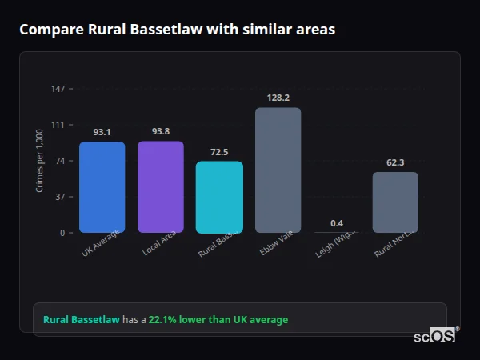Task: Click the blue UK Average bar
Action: pyautogui.click(x=102, y=187)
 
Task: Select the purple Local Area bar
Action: pyautogui.click(x=161, y=186)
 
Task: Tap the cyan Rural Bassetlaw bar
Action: pyautogui.click(x=219, y=197)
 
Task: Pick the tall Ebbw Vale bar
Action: pyautogui.click(x=278, y=170)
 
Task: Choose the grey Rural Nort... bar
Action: pyautogui.click(x=395, y=202)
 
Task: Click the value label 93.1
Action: pyautogui.click(x=102, y=132)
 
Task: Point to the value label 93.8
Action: pyautogui.click(x=161, y=131)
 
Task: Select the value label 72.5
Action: pyautogui.click(x=219, y=152)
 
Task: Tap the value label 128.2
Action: pyautogui.click(x=278, y=98)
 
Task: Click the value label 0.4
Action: pyautogui.click(x=337, y=222)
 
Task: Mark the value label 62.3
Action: pyautogui.click(x=395, y=162)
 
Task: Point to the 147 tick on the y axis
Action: pyautogui.click(x=58, y=88)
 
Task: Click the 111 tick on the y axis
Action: pyautogui.click(x=58, y=124)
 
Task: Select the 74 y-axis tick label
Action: pyautogui.click(x=60, y=161)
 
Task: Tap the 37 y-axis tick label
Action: pyautogui.click(x=60, y=197)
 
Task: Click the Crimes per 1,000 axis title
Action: pyautogui.click(x=40, y=162)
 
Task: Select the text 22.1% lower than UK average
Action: pyautogui.click(x=218, y=320)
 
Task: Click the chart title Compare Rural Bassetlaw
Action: pyautogui.click(x=177, y=30)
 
